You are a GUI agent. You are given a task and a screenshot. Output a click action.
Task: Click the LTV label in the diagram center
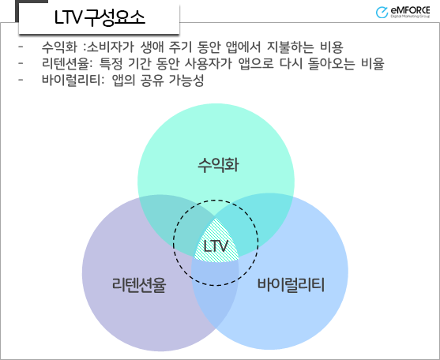pos(215,247)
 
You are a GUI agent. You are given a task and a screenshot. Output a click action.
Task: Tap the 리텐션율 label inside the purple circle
pos(139,285)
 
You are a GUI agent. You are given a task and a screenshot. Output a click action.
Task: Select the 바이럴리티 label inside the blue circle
pos(291,285)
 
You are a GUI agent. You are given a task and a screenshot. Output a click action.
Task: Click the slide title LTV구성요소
pos(100,18)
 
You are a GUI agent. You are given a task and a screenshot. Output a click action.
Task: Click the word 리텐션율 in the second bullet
pos(66,64)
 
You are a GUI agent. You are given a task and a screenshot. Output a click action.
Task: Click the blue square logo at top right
pos(383,12)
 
